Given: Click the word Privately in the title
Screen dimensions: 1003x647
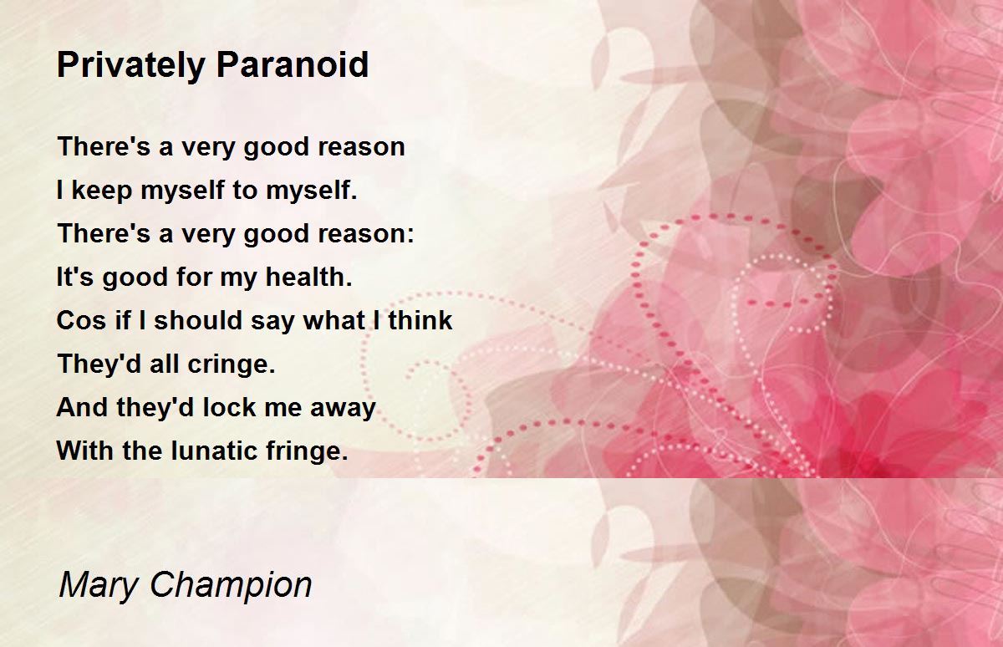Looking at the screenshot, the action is point(130,66).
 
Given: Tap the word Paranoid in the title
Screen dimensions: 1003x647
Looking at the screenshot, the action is point(293,64).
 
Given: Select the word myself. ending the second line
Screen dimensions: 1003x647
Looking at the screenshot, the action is point(312,191).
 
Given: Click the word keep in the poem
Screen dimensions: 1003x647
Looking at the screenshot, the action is point(102,190).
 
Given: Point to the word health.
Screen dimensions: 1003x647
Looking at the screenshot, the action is point(309,276).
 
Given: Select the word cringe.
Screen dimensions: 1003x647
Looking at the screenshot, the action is point(231,364).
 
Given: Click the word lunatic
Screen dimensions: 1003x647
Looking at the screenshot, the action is point(215,450).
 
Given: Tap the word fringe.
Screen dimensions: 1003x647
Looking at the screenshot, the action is point(307,451).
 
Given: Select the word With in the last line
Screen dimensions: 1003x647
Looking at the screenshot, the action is point(85,450).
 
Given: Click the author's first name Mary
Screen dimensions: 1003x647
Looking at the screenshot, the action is point(99,585).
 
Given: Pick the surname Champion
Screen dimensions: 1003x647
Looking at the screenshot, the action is point(231,585).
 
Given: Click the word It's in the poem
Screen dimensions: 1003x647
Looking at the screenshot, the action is point(74,276).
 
